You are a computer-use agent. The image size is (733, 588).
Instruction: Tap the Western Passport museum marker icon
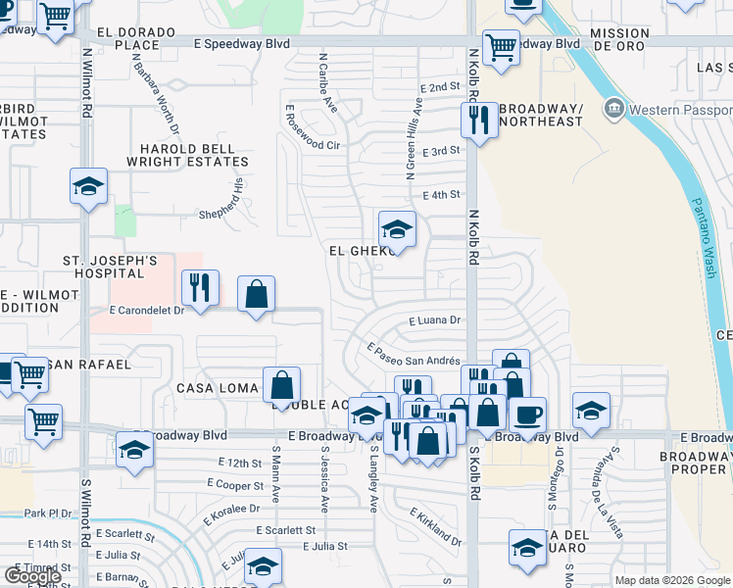pyautogui.click(x=614, y=107)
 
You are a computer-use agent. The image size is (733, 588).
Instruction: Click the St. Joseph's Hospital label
pyautogui.click(x=111, y=268)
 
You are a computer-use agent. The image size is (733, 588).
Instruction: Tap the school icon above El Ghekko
pyautogui.click(x=397, y=230)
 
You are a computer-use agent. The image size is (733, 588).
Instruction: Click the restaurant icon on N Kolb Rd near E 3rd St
pyautogui.click(x=475, y=121)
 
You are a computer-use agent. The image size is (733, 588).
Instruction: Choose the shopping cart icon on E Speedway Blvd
pyautogui.click(x=501, y=45)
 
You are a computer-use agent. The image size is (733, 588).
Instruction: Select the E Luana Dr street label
pyautogui.click(x=435, y=320)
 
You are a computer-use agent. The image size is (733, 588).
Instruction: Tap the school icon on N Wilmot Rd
pyautogui.click(x=88, y=185)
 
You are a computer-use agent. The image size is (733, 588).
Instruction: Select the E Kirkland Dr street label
pyautogui.click(x=435, y=527)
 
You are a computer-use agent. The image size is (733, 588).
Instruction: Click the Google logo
pyautogui.click(x=32, y=576)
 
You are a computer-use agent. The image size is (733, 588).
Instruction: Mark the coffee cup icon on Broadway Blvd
pyautogui.click(x=527, y=415)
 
